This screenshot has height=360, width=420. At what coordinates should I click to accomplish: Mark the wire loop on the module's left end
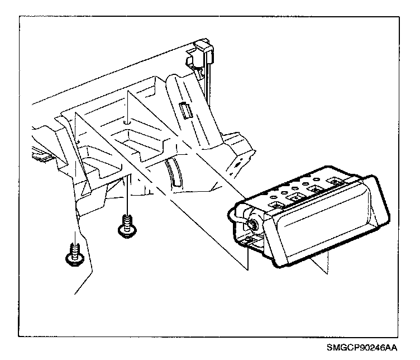(x=238, y=222)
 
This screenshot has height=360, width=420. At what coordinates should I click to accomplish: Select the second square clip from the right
(x=315, y=190)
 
